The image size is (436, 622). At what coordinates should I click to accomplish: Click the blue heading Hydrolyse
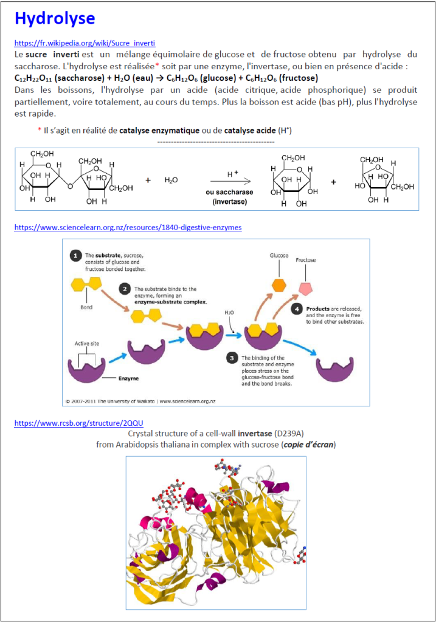(x=55, y=19)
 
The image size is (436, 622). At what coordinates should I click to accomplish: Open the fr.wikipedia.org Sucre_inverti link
(x=85, y=44)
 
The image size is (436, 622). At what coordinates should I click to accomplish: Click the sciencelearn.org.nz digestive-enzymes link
(x=128, y=227)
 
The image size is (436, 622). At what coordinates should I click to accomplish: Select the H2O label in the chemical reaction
(x=171, y=180)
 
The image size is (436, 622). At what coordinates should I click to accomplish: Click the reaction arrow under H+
(x=230, y=181)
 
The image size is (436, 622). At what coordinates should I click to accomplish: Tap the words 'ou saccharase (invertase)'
(x=230, y=196)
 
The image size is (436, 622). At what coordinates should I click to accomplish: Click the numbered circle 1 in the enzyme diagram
(x=75, y=256)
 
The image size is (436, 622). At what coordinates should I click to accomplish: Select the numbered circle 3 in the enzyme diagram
(x=232, y=358)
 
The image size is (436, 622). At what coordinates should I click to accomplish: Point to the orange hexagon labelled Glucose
(x=279, y=285)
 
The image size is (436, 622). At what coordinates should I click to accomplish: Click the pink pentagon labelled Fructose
(x=306, y=289)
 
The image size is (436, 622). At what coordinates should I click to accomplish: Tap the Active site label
(x=88, y=343)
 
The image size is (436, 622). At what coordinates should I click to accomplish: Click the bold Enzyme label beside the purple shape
(x=128, y=378)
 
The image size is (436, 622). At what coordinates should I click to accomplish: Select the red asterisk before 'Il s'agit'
(x=40, y=130)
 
